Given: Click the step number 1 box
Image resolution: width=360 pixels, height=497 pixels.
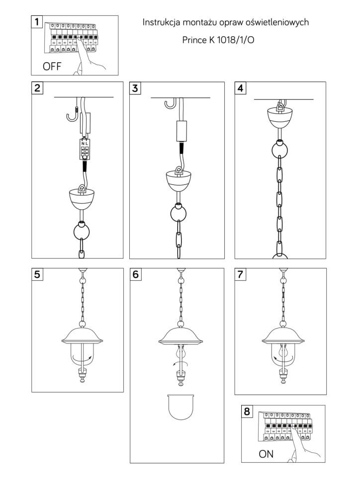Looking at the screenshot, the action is tap(37, 22).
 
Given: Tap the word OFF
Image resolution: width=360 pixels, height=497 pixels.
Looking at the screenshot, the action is tap(52, 67).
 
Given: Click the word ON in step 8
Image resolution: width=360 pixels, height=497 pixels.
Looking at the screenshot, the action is tap(266, 454).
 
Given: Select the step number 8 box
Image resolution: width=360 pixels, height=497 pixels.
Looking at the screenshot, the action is tap(247, 411).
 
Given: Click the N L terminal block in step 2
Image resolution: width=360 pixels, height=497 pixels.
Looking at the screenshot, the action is tap(85, 149).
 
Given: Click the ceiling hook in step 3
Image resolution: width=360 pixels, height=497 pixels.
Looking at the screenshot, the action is tap(171, 104).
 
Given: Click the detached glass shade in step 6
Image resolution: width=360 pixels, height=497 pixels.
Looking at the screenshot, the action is tap(180, 407).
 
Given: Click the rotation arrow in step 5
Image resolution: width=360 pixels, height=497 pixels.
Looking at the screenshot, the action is tap(82, 358).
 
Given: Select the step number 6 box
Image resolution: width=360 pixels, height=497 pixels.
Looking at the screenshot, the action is tap(135, 274).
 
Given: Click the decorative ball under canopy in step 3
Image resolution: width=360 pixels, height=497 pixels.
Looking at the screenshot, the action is tap(178, 213).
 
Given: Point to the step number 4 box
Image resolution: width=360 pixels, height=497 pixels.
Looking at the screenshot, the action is tap(241, 88).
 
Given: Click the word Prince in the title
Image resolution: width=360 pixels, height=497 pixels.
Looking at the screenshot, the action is tap(194, 40).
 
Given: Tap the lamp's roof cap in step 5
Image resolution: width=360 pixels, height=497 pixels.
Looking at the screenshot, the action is tap(82, 336).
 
